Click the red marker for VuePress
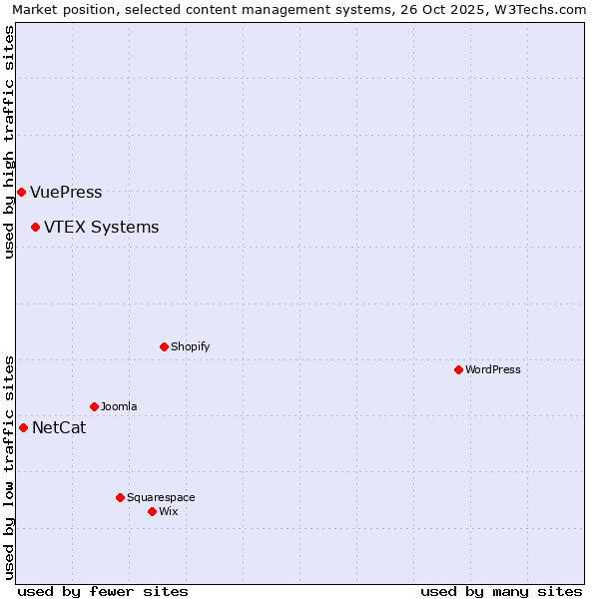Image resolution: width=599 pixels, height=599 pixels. [21, 192]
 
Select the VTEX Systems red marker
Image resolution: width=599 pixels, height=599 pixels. [35, 228]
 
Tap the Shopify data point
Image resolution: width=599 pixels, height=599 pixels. [164, 346]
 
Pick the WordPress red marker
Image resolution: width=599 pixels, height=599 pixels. [458, 369]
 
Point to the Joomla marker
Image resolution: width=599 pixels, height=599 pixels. [94, 406]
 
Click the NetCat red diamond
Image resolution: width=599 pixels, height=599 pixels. [23, 427]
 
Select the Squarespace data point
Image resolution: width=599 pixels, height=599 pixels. [120, 497]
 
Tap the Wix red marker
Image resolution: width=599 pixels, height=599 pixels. [152, 511]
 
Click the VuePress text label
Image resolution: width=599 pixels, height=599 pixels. [66, 193]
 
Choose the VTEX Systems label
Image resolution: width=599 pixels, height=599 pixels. [101, 228]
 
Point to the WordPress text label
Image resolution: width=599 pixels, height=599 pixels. [493, 370]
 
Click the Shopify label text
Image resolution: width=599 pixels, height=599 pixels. [190, 347]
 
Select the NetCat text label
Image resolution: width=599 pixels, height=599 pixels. [59, 428]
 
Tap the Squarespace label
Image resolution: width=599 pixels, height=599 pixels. [161, 498]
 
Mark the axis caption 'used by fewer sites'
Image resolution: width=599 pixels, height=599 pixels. [103, 591]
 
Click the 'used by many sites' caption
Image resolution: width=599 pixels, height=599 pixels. [501, 591]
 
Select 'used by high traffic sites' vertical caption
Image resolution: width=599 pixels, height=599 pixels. [9, 142]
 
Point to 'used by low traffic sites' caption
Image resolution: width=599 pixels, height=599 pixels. [9, 467]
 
